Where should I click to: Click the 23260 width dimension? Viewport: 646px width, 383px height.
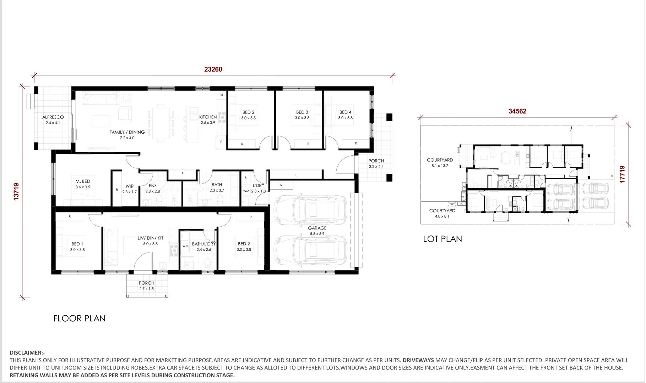213,69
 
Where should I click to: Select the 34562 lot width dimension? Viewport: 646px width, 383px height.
517,111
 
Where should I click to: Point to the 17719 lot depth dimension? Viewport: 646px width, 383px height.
622,174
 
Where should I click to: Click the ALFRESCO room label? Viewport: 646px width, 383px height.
53,117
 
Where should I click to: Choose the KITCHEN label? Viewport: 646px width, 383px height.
208,117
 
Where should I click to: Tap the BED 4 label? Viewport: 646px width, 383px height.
345,112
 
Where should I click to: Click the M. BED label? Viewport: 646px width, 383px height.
83,181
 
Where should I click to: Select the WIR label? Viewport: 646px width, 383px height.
129,186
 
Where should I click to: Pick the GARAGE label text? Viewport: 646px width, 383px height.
317,228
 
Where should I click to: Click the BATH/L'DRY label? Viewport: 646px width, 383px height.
203,244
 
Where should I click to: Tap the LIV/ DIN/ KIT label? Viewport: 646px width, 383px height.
150,238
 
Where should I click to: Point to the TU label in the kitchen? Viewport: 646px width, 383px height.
221,95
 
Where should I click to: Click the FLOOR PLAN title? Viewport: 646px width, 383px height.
79,318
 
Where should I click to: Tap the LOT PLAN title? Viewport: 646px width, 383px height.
442,239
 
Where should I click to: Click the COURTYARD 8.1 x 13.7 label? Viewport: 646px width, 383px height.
440,160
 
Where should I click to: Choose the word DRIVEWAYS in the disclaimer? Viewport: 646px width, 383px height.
418,360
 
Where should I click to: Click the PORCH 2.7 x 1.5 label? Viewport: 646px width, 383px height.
146,283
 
